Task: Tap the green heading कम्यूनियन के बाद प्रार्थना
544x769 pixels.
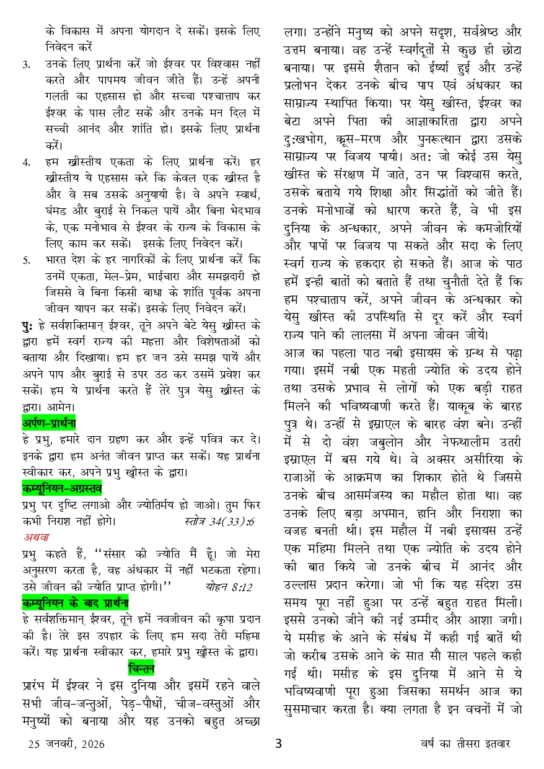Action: click(x=74, y=601)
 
